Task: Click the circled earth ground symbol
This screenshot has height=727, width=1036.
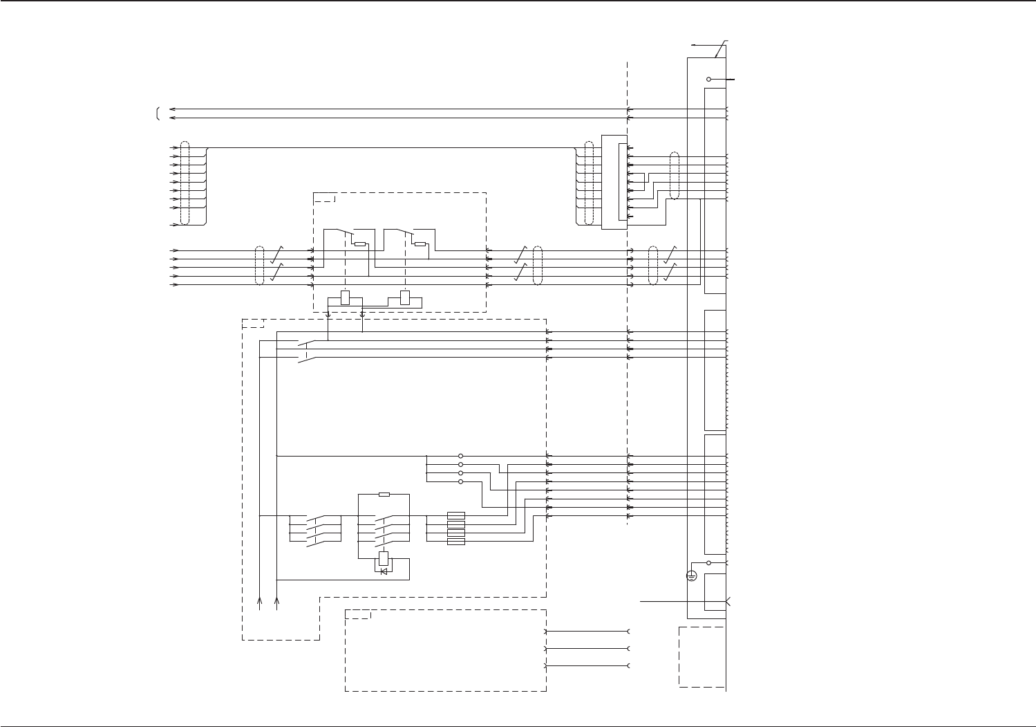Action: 692,576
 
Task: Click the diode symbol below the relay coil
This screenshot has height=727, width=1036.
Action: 384,571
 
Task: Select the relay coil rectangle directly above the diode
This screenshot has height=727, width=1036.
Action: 384,558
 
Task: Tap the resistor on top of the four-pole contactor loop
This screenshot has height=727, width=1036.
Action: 384,495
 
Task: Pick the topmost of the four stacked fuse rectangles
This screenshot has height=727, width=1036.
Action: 456,515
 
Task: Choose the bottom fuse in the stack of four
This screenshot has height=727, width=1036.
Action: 456,542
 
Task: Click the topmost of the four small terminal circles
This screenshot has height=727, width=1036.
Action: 460,456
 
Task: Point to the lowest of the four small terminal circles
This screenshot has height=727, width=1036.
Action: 460,481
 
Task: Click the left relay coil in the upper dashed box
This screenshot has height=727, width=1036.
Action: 346,299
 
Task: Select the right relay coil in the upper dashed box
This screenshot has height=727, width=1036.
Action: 405,299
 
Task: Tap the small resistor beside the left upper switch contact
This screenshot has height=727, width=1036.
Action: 360,244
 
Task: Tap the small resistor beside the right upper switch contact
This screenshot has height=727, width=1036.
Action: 420,244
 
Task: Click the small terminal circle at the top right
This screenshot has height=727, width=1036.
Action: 709,80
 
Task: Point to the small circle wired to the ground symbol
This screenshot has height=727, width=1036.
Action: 709,562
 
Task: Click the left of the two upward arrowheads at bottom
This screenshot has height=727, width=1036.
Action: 260,602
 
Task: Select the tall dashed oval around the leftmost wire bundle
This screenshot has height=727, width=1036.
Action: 185,183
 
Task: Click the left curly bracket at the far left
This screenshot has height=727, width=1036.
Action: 158,113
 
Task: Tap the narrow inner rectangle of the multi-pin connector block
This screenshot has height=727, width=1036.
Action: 622,183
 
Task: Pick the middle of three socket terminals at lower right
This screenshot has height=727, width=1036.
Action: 628,649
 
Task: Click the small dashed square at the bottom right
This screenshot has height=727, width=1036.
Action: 702,657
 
